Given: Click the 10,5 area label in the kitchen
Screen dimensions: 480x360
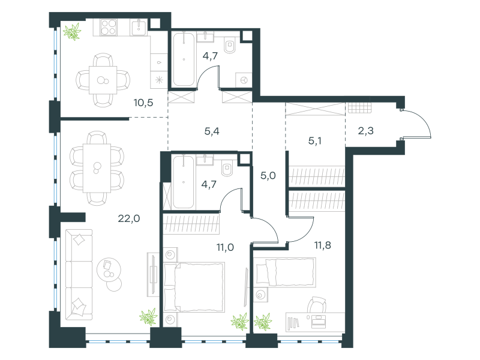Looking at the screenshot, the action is (x=143, y=103).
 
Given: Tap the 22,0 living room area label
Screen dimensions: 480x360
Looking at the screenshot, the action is (x=129, y=218).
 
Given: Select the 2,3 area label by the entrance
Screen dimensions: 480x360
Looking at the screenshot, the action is (x=365, y=131).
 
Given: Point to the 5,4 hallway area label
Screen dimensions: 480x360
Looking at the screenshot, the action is (x=212, y=131).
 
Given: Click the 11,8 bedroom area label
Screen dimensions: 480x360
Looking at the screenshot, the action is (x=322, y=245).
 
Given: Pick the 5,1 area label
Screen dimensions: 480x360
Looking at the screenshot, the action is (x=314, y=141).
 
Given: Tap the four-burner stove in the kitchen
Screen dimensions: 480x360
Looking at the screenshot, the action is (x=109, y=27).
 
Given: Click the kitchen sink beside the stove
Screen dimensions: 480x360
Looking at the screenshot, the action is (x=140, y=28).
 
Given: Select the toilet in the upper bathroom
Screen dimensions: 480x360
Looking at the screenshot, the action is (x=230, y=46).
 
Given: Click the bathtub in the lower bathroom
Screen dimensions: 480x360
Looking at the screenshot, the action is (x=184, y=182).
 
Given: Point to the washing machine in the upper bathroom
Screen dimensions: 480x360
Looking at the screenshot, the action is (x=244, y=80).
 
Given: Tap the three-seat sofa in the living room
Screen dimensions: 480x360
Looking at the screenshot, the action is (x=79, y=275).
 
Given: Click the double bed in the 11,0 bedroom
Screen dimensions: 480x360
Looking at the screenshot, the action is (x=194, y=287).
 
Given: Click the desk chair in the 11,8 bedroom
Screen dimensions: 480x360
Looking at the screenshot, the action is (x=317, y=305).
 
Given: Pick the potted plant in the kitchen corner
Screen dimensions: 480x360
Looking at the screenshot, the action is (x=72, y=31).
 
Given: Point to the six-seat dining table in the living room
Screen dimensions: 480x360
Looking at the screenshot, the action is (x=97, y=168).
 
